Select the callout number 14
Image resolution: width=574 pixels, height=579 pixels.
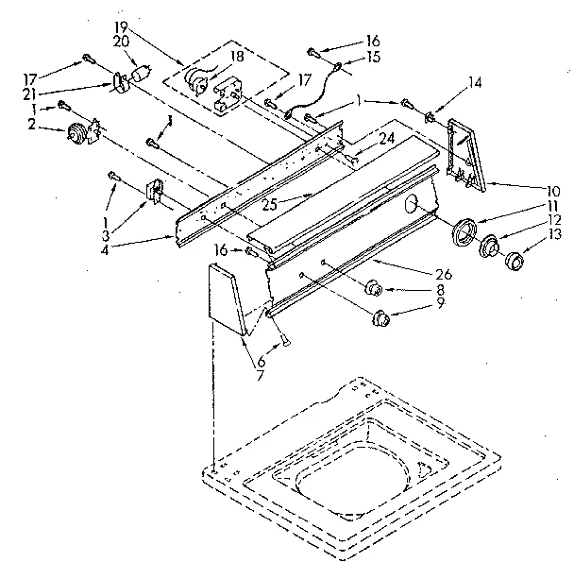[475, 83]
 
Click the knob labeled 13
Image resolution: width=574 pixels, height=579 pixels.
[516, 261]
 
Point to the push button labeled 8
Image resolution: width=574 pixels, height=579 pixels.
[373, 287]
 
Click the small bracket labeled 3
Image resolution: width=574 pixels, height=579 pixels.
[152, 193]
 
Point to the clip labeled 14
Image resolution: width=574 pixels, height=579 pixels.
[430, 117]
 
